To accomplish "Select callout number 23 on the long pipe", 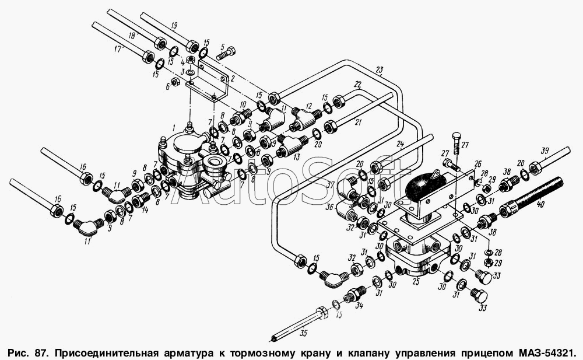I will (x=380, y=70).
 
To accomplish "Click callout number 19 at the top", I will (x=173, y=26).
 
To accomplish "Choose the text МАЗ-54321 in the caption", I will (x=546, y=353).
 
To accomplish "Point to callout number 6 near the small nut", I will (x=167, y=86).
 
